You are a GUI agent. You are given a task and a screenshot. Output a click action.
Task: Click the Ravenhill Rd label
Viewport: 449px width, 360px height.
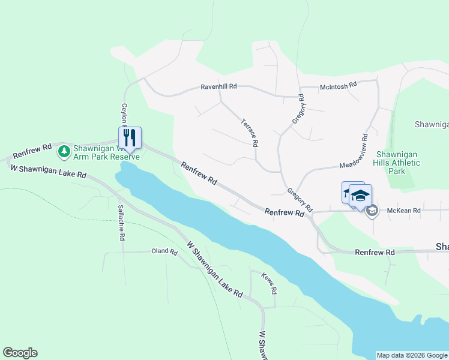[218, 87]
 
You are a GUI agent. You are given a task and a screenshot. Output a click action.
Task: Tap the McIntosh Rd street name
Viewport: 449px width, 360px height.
[339, 86]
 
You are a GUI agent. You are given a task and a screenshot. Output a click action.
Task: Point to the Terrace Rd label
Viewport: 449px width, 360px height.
[249, 133]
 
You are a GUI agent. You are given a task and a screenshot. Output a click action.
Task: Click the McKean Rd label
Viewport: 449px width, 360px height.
[404, 211]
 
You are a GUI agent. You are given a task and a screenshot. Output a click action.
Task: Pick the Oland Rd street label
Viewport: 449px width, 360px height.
[164, 252]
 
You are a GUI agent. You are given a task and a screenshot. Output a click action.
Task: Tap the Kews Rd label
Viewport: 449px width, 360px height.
[270, 282]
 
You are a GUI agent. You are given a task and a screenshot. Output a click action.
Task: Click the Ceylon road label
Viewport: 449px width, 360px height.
[125, 114]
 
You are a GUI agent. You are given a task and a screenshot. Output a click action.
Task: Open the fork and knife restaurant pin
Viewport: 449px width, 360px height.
[130, 137]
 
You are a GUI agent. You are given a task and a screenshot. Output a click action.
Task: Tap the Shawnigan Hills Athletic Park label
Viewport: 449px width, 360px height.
[396, 163]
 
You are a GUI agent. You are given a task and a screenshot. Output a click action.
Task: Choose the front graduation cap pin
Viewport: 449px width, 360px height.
[360, 196]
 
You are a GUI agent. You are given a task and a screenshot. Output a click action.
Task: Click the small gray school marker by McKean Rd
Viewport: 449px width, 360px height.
[372, 211]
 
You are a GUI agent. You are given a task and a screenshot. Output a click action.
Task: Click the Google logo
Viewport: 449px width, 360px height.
[20, 353]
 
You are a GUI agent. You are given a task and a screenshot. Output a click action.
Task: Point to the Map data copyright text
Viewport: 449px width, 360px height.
[412, 355]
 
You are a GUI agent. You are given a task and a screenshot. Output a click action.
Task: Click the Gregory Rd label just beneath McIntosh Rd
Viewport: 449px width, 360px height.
[300, 109]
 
